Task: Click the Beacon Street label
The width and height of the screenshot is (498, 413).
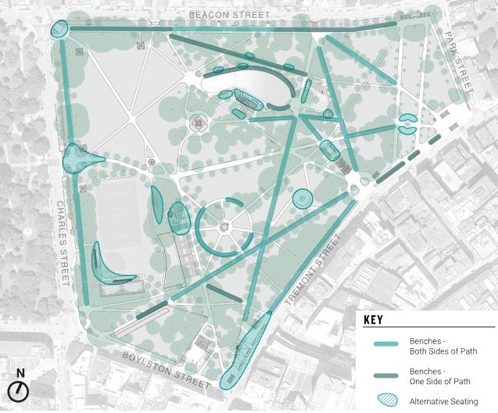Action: pos(231,16)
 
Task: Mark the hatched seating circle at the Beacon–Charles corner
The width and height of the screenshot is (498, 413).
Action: pos(59,30)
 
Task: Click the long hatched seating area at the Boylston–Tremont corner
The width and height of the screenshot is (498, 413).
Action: pos(245,352)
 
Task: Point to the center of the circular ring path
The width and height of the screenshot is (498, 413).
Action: pos(224,225)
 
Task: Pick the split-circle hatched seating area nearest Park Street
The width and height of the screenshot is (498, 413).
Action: pos(408,123)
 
